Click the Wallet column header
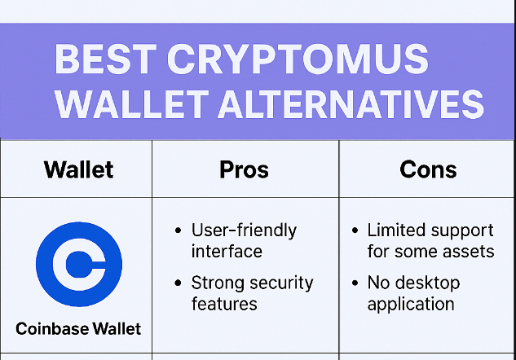click(78, 169)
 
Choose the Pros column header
click(245, 169)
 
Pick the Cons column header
click(428, 169)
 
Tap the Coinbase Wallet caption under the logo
click(78, 329)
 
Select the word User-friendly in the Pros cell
click(244, 230)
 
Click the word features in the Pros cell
click(224, 305)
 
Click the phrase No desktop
click(413, 284)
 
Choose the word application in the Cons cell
click(410, 305)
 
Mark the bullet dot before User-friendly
click(179, 231)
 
